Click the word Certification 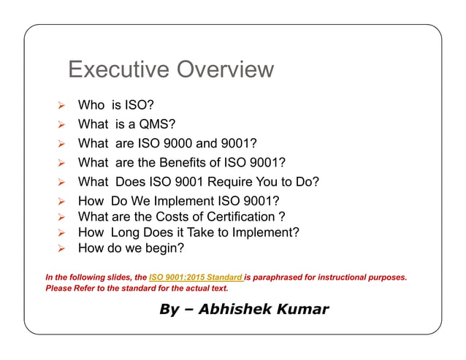[x=229, y=217]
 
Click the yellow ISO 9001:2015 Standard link [x=196, y=277]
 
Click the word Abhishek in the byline [x=237, y=309]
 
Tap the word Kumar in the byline [x=302, y=309]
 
